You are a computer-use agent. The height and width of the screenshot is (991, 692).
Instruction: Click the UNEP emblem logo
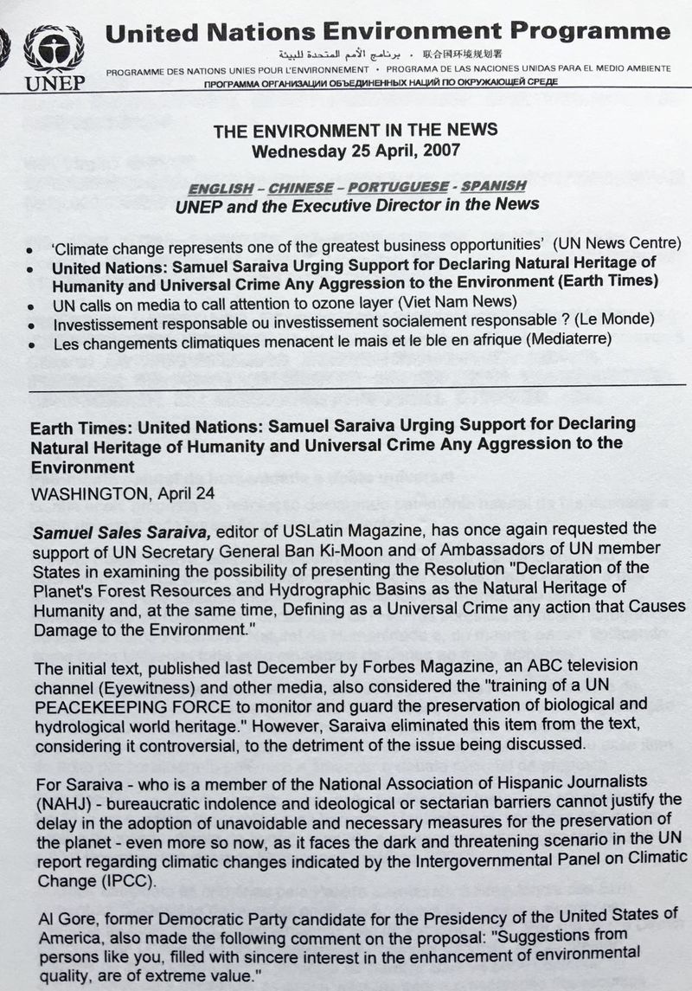click(54, 49)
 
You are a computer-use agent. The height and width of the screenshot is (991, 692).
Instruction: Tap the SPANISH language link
click(493, 187)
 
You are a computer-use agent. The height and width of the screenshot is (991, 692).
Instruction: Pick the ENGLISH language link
click(222, 187)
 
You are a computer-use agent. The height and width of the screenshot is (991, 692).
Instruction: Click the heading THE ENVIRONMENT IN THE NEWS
click(356, 131)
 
